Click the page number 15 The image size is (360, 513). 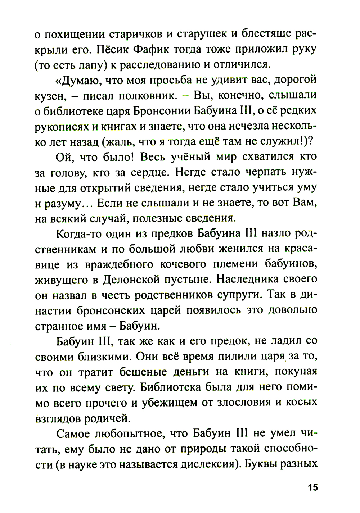pos(312,488)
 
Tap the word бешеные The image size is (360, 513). pos(139,372)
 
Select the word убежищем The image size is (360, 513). pos(167,403)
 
